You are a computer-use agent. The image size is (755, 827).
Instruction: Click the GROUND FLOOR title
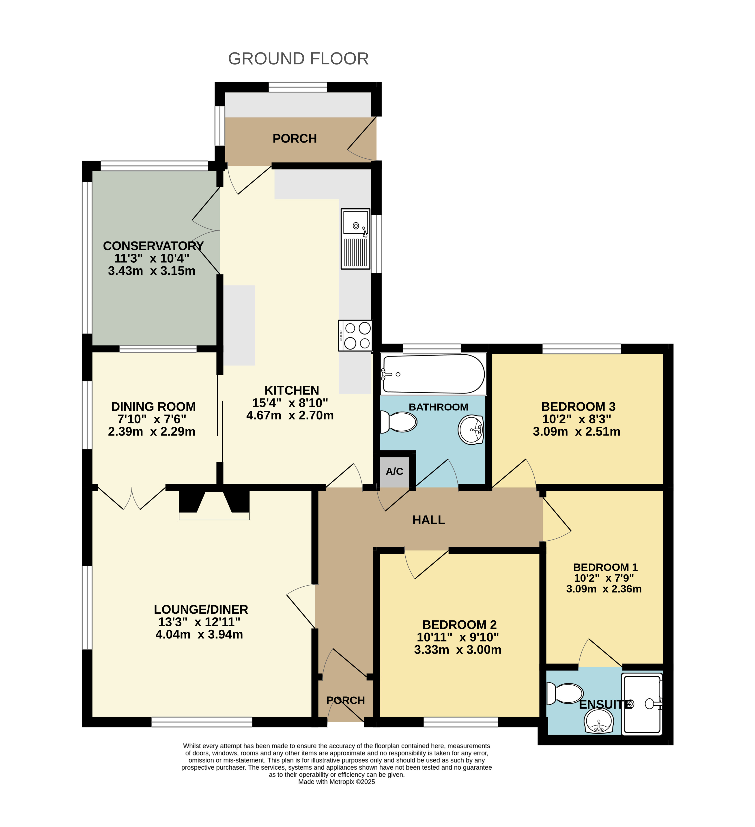click(298, 59)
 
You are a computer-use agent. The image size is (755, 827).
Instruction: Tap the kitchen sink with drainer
click(355, 239)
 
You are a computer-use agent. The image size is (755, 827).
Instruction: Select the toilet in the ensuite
click(565, 693)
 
